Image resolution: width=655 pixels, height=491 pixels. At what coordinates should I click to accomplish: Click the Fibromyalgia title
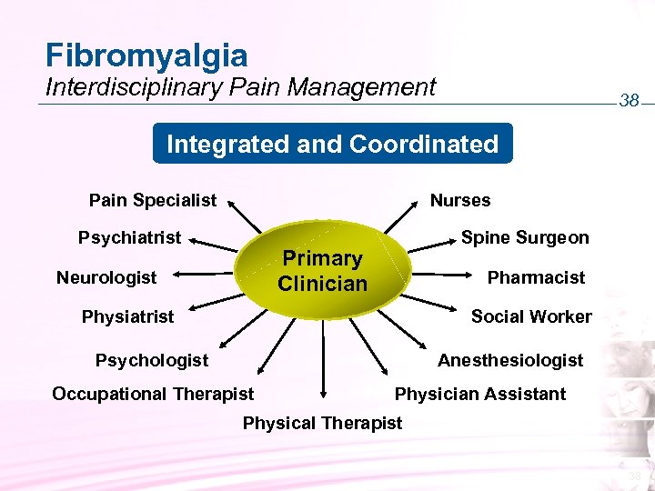pos(146,55)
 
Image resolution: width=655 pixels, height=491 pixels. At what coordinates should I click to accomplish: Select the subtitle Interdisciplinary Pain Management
pos(241,87)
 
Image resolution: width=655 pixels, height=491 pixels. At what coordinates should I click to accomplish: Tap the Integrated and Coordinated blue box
pos(332,144)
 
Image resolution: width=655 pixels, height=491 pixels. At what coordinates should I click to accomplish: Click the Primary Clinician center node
pos(322,270)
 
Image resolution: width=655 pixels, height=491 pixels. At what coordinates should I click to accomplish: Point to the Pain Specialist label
pos(153,200)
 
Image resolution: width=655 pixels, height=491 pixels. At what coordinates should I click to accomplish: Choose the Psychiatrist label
pos(129,238)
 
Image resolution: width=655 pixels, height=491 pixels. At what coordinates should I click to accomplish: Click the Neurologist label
pos(106,276)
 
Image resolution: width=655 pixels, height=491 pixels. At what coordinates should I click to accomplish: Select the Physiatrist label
pos(127,316)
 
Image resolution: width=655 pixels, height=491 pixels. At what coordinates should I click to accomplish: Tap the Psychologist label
pos(152,360)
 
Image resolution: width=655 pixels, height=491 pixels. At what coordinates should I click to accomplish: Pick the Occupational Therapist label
pos(153,394)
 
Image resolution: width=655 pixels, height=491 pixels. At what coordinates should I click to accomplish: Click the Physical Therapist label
pos(322,423)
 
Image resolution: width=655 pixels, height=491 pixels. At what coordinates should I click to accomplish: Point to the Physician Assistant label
pos(479,394)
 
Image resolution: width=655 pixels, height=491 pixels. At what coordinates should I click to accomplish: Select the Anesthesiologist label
pos(510,360)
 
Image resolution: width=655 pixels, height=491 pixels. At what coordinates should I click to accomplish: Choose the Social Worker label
pos(531,316)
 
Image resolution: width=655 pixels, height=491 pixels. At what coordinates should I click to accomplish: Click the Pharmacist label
pos(537,276)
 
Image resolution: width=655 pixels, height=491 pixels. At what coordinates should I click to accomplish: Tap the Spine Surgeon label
pos(525,238)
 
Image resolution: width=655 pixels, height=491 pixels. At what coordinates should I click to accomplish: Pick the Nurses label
pos(460,200)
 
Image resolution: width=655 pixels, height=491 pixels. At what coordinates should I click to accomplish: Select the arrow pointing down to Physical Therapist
pos(322,364)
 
